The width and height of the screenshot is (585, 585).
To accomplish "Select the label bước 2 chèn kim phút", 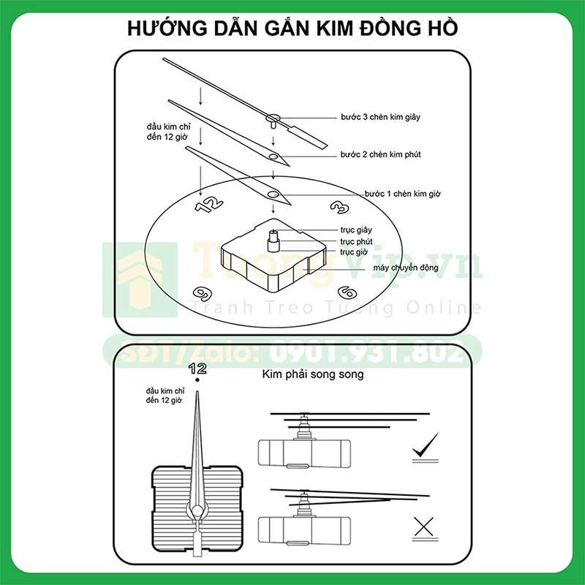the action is pyautogui.click(x=380, y=155).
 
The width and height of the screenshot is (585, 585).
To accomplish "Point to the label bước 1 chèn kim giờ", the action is pyautogui.click(x=402, y=194).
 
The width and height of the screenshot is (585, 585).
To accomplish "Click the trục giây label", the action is pyautogui.click(x=356, y=230).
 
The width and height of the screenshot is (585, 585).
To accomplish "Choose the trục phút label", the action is pyautogui.click(x=357, y=241).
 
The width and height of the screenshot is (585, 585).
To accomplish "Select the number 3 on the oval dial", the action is pyautogui.click(x=339, y=208).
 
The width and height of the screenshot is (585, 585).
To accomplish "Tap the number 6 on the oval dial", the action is pyautogui.click(x=347, y=293).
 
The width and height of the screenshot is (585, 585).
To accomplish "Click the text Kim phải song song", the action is pyautogui.click(x=312, y=375).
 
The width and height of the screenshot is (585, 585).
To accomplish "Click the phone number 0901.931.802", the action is pyautogui.click(x=366, y=354).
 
